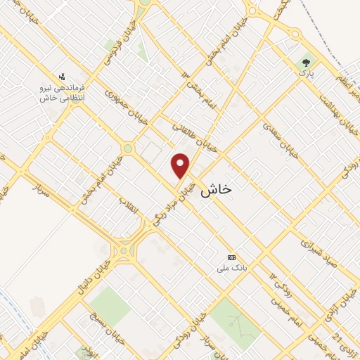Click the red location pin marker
[x=181, y=166]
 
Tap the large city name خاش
[x=217, y=190]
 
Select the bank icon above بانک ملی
[x=231, y=257]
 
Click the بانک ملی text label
[x=231, y=269]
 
